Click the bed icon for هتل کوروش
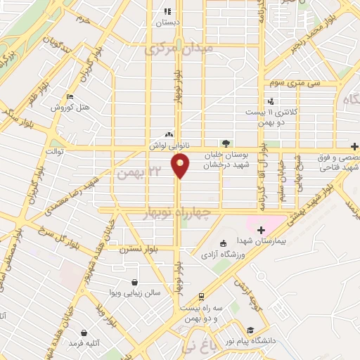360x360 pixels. coord(69,97)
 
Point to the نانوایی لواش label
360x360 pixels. coord(168,144)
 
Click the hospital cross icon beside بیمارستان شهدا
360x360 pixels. coord(261,230)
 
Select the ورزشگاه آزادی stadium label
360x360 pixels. coord(224,254)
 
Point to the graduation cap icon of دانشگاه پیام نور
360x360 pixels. coord(250,330)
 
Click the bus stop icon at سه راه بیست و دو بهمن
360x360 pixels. coord(202,296)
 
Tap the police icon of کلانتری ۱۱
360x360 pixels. coord(269,101)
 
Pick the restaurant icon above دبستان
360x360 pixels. coord(167,11)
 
